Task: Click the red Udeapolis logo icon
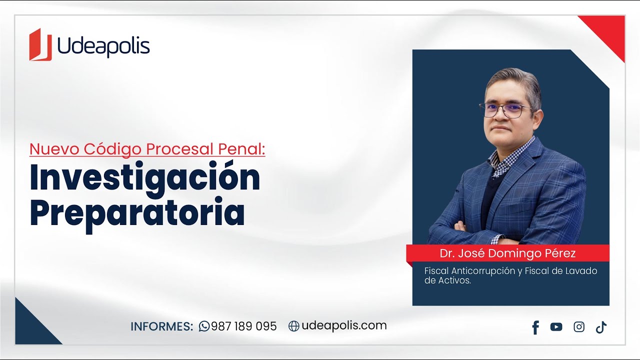pyautogui.click(x=40, y=44)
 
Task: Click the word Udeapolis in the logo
pyautogui.click(x=103, y=46)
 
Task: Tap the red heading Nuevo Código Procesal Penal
pyautogui.click(x=147, y=149)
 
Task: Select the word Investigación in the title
pyautogui.click(x=145, y=178)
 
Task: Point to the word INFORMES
pyautogui.click(x=161, y=326)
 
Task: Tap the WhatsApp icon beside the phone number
pyautogui.click(x=204, y=326)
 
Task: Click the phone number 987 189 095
pyautogui.click(x=243, y=326)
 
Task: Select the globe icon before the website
pyautogui.click(x=294, y=326)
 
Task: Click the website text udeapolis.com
pyautogui.click(x=344, y=325)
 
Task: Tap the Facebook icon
pyautogui.click(x=535, y=327)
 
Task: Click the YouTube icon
pyautogui.click(x=556, y=327)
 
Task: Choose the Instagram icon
pyautogui.click(x=579, y=327)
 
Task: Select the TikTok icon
pyautogui.click(x=601, y=327)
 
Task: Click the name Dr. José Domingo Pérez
pyautogui.click(x=507, y=253)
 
